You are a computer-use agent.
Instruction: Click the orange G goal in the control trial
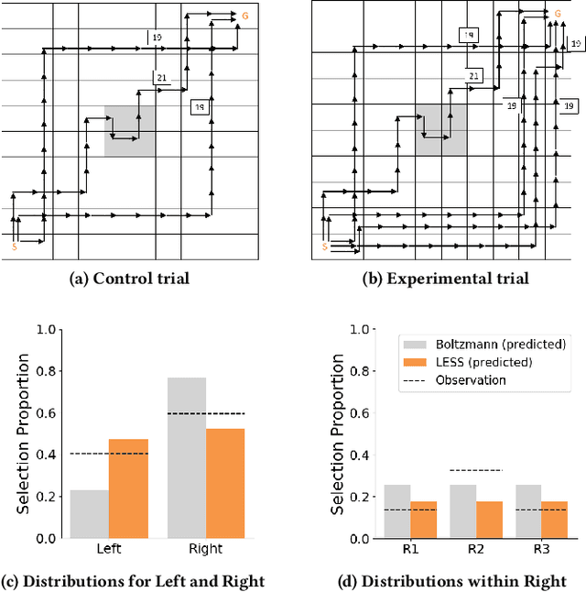pyautogui.click(x=244, y=16)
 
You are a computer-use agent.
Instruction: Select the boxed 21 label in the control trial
pyautogui.click(x=161, y=78)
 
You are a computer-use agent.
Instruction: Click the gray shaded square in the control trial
pyautogui.click(x=129, y=130)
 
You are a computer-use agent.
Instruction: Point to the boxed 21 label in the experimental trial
pyautogui.click(x=472, y=76)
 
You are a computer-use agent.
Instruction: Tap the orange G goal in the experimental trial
pyautogui.click(x=557, y=14)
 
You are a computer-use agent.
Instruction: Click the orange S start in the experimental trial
pyautogui.click(x=324, y=247)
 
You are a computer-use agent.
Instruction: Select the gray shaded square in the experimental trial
pyautogui.click(x=441, y=127)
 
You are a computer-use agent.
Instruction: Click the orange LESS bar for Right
pyautogui.click(x=225, y=483)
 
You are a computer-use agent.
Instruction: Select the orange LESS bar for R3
pyautogui.click(x=554, y=520)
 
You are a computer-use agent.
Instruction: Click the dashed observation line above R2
pyautogui.click(x=476, y=470)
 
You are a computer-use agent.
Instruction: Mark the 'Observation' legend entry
pyautogui.click(x=470, y=379)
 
